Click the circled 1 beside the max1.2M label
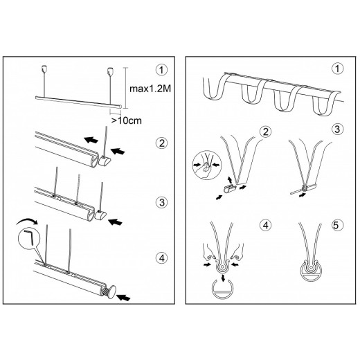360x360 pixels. (162, 70)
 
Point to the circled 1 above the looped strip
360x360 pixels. (337, 69)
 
